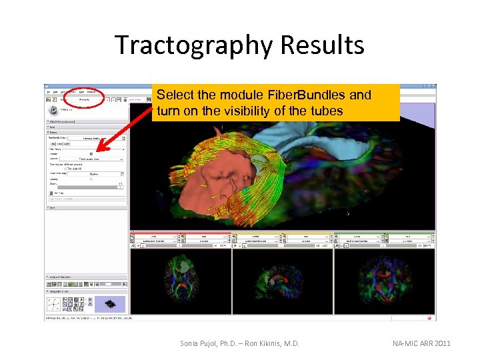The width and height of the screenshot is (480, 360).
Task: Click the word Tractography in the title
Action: point(194,45)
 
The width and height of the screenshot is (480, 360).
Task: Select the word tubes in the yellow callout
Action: point(324,111)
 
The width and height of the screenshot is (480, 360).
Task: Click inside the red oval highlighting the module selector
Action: point(85,99)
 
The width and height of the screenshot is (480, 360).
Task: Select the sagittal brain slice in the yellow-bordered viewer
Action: point(282,279)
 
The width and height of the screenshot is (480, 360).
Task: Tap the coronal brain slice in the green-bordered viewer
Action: point(385,279)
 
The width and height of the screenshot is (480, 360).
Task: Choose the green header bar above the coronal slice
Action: point(385,233)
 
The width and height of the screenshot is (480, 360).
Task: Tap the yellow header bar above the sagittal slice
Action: point(282,233)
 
